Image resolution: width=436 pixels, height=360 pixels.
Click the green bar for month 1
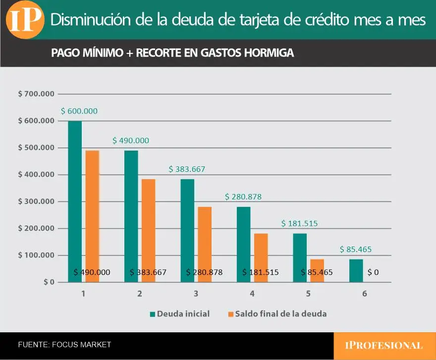coord(75,198)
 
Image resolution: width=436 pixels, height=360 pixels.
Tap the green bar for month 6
coord(356,270)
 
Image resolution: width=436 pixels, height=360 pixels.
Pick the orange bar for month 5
coord(317,270)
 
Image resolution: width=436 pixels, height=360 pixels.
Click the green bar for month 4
coord(243,243)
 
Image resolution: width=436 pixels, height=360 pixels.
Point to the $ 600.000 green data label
coord(79,111)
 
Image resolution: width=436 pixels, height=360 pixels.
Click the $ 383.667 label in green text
coord(187,169)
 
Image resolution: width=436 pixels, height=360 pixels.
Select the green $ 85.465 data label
coord(355,250)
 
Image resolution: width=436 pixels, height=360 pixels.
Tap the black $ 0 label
coord(373,272)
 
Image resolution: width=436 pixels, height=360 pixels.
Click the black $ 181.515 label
coord(260,272)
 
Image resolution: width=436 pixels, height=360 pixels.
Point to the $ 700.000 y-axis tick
coord(36,94)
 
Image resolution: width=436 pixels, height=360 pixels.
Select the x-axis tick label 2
coord(140,294)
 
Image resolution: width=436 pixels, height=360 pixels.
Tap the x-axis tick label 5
coord(308,294)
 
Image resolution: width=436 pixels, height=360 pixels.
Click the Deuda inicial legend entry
coord(179,313)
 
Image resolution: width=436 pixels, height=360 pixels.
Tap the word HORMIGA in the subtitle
coord(269,53)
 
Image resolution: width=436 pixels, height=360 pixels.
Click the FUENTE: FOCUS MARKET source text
coord(64,345)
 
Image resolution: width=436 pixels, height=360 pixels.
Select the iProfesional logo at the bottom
coord(384,346)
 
